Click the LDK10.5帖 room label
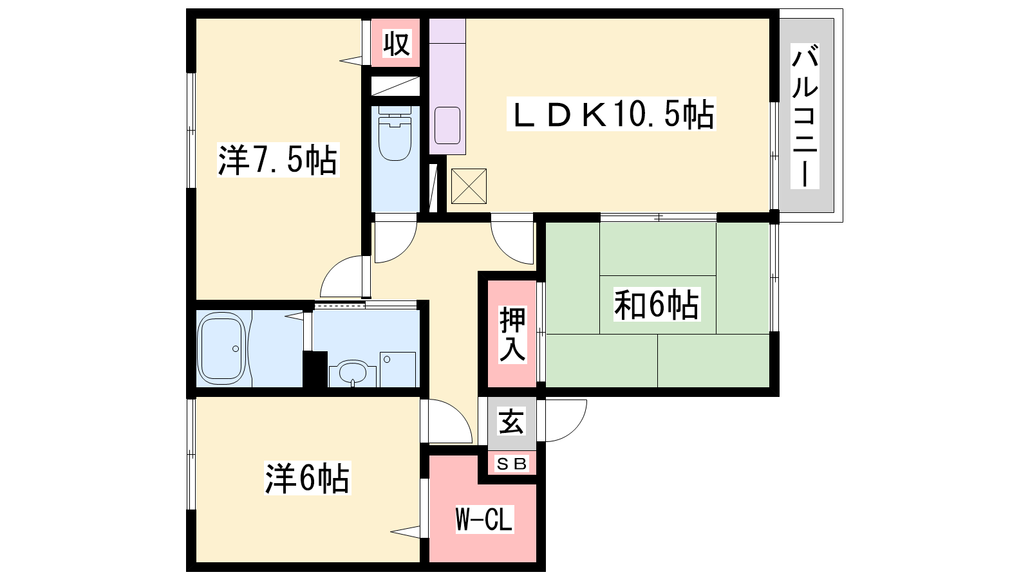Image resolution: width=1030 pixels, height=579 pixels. [x=612, y=114]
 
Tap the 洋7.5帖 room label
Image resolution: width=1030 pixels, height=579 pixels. [x=278, y=160]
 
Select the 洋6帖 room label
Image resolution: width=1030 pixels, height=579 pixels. [x=307, y=478]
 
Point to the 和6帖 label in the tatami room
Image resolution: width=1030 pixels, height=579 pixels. [x=657, y=304]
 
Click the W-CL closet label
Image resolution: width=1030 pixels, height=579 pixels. [x=483, y=519]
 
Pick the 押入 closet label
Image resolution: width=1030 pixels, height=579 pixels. [x=512, y=335]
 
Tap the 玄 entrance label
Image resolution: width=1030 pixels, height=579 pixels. [x=512, y=422]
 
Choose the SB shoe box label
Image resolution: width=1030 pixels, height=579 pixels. [x=512, y=464]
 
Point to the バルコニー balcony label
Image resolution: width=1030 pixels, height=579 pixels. [x=805, y=116]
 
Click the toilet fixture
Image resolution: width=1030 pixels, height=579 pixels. [x=395, y=133]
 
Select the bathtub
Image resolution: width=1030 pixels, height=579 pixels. [x=221, y=348]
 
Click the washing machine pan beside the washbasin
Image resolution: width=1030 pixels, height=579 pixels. [x=398, y=370]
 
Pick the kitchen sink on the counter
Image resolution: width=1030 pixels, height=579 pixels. [x=447, y=125]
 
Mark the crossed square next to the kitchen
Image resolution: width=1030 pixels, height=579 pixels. [x=469, y=186]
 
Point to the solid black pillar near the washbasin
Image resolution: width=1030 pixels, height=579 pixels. [x=315, y=369]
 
